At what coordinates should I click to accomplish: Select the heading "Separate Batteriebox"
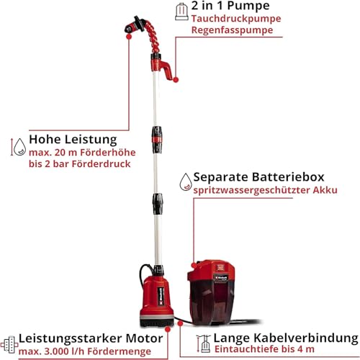click(270, 177)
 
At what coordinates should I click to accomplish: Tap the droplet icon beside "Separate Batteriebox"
click(185, 180)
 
